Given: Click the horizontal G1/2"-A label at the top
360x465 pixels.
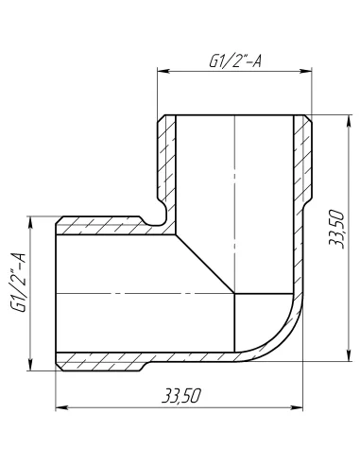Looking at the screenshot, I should pyautogui.click(x=234, y=60).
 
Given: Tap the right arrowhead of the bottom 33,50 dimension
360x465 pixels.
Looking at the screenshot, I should pyautogui.click(x=305, y=408).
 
